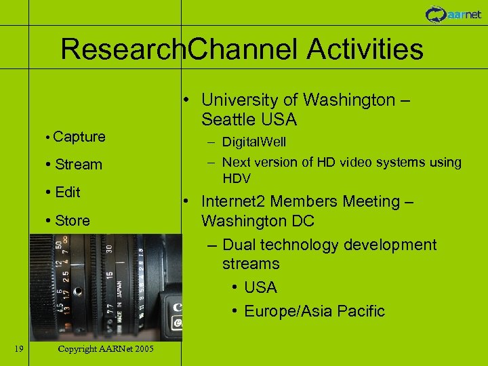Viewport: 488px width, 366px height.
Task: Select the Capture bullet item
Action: [79, 137]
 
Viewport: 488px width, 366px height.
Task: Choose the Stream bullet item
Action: [77, 165]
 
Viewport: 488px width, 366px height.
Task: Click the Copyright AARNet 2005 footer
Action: [106, 348]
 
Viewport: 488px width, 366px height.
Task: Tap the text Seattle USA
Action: [249, 120]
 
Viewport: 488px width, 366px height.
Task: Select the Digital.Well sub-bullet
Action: [253, 142]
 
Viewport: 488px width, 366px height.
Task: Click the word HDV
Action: [237, 179]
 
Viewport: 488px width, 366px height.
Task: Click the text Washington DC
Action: [258, 222]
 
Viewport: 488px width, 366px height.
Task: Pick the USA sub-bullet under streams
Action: [260, 287]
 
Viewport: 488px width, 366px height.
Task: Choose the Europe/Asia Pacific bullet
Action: [314, 311]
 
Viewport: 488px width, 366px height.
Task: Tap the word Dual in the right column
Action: [238, 245]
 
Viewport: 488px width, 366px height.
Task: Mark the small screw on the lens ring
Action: [78, 291]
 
